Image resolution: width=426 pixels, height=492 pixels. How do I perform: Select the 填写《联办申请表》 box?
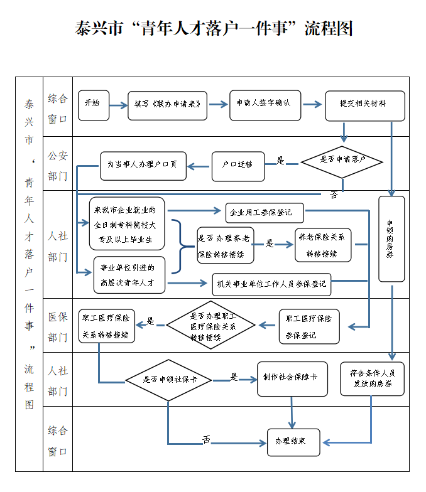[168, 105]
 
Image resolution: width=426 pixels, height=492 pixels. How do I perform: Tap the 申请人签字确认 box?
[265, 105]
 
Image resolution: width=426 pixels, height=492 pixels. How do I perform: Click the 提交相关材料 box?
[364, 105]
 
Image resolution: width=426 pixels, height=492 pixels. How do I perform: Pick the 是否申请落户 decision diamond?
[342, 161]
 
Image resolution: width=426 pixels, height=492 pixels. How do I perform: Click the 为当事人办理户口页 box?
[143, 166]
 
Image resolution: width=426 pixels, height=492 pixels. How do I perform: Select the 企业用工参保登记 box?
[265, 213]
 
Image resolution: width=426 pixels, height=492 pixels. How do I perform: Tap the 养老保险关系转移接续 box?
[323, 245]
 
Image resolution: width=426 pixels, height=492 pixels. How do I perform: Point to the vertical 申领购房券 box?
[391, 238]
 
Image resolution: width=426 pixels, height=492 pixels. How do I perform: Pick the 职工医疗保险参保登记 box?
[309, 326]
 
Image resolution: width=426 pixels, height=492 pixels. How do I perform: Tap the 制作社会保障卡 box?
[292, 378]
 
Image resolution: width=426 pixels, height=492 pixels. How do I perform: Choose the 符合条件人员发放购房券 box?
[371, 378]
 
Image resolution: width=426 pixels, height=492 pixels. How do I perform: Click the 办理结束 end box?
[293, 442]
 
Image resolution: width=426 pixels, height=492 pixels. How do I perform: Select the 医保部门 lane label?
[58, 327]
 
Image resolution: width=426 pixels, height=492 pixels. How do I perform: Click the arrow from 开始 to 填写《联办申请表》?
[118, 105]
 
